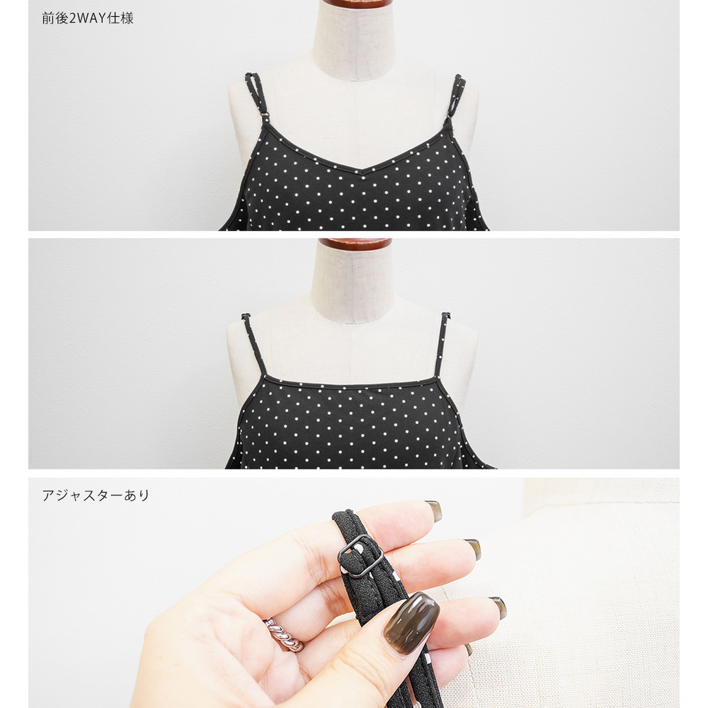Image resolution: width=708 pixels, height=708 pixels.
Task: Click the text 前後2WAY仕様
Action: [x=88, y=18]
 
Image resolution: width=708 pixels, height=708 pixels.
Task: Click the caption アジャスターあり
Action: [x=96, y=496]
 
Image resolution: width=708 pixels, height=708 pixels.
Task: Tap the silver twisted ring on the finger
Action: [x=284, y=634]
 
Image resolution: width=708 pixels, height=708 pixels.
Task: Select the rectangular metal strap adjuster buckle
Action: [x=360, y=556]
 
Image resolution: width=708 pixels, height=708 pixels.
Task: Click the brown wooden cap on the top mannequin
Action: [x=355, y=4]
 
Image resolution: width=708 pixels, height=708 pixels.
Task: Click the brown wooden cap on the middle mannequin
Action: [x=355, y=244]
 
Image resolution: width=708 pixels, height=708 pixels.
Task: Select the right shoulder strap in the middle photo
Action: [x=441, y=344]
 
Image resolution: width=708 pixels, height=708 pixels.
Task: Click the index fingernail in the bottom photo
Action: [x=433, y=510]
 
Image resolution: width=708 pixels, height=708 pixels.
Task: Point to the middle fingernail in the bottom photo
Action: [x=472, y=548]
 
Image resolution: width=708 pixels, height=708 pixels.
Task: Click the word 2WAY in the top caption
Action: [x=87, y=18]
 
